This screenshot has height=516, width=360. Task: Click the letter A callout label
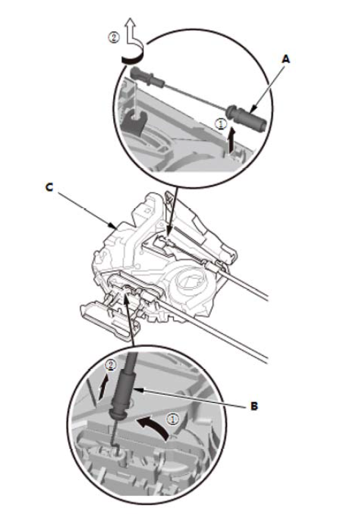(286, 59)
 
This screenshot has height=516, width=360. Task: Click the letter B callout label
(254, 406)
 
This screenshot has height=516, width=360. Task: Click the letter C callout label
(49, 187)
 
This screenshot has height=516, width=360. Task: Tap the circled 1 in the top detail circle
(221, 123)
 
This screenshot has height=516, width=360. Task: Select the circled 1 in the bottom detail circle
(172, 419)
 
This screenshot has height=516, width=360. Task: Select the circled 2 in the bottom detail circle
(110, 366)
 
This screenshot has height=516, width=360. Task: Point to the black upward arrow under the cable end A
(232, 141)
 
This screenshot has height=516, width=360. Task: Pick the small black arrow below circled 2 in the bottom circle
(103, 388)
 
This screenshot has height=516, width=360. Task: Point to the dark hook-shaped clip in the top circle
(134, 123)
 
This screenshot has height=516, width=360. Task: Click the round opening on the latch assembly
(187, 280)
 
